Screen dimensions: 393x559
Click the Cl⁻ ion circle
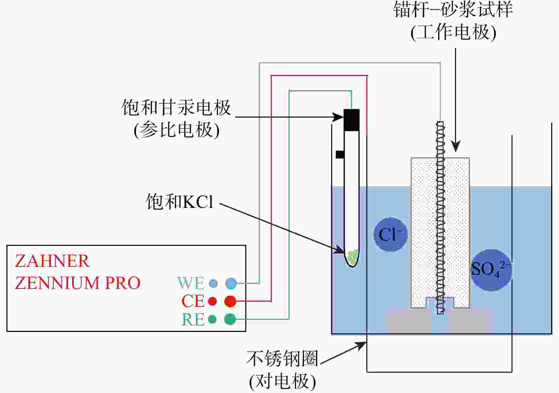[390, 235]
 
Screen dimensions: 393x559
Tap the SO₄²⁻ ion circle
[491, 270]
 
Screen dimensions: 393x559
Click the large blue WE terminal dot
[231, 283]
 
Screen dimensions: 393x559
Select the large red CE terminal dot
[230, 301]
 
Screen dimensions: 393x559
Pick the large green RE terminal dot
[230, 319]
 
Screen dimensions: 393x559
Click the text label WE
[191, 283]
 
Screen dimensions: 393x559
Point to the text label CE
[193, 301]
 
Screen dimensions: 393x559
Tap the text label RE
[193, 319]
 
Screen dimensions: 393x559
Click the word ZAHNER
[52, 261]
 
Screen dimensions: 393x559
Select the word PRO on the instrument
[123, 283]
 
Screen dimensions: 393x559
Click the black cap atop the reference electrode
[351, 120]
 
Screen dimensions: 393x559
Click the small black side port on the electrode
[340, 155]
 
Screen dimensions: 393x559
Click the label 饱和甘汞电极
[176, 107]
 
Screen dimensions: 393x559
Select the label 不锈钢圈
[282, 358]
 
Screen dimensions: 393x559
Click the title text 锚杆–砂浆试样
[453, 10]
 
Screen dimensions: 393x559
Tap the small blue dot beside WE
[213, 283]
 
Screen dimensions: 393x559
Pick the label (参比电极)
[176, 130]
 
